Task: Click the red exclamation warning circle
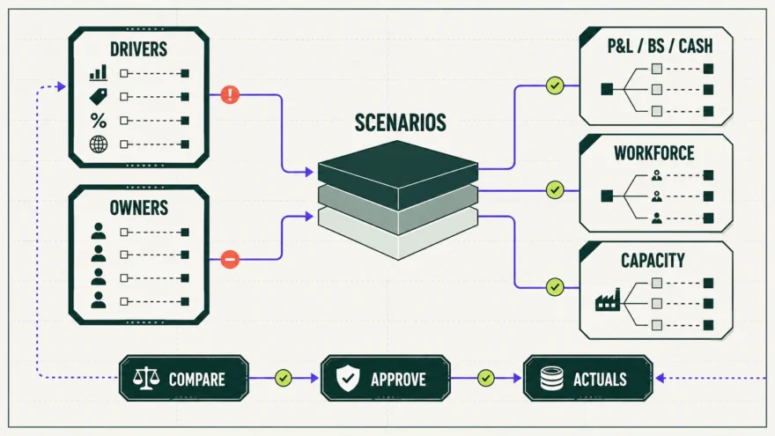[x=230, y=94]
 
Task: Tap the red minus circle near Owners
[x=230, y=259]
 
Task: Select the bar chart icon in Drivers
[x=99, y=72]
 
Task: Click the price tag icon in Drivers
[x=99, y=96]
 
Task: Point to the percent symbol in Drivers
[x=99, y=121]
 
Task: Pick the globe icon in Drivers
[x=99, y=144]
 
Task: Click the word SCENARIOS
[x=401, y=122]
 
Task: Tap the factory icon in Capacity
[x=608, y=299]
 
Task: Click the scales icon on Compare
[x=147, y=379]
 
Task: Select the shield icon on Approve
[x=348, y=379]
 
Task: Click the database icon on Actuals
[x=551, y=379]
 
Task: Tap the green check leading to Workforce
[x=555, y=190]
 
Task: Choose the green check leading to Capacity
[x=555, y=287]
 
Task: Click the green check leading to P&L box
[x=555, y=85]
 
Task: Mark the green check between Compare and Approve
[x=284, y=378]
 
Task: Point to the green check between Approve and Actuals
[x=486, y=378]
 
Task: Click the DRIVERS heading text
[x=138, y=49]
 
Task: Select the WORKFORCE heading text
[x=653, y=153]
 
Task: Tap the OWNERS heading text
[x=139, y=208]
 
